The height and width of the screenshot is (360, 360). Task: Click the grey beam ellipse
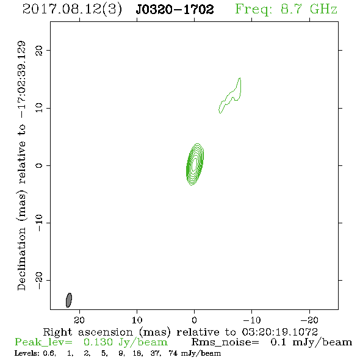point(69,300)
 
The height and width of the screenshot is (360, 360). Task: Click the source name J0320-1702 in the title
point(175,9)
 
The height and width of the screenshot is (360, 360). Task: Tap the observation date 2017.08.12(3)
point(72,10)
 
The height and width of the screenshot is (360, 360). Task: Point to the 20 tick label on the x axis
point(79,320)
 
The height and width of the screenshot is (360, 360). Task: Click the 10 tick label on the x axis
point(137,320)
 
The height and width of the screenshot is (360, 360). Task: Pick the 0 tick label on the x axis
point(194,320)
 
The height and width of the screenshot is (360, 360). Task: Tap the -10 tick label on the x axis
point(252,320)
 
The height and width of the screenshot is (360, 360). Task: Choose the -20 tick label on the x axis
point(309,320)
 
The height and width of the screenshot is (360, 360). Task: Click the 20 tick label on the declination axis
point(39,51)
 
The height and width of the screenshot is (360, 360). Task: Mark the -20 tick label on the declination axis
point(39,280)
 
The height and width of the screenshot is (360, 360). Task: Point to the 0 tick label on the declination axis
point(39,165)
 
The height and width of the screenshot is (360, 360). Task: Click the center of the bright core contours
point(195,164)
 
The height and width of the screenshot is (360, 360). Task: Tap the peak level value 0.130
point(98,342)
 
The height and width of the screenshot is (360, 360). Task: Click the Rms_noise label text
point(225,342)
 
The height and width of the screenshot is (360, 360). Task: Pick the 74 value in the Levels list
point(173,353)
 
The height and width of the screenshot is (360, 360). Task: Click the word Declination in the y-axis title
point(21,259)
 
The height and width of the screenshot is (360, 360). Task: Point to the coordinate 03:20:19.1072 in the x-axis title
point(280,332)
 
